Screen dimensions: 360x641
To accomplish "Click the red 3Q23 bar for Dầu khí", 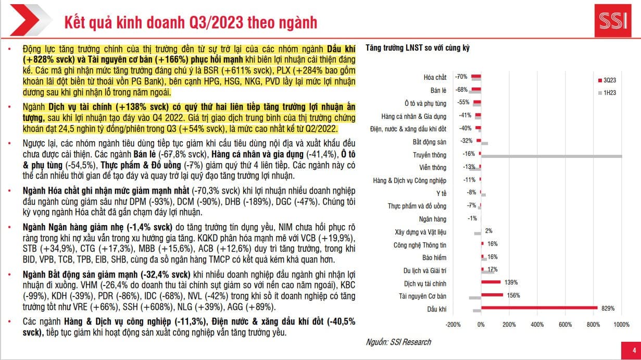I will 539,308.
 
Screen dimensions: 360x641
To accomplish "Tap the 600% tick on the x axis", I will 565,325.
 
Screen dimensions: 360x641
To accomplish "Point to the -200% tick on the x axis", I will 453,325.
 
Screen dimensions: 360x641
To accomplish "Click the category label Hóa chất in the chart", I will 435,77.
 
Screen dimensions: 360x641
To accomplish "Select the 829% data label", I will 608,308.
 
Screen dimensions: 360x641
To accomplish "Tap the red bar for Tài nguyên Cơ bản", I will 492,295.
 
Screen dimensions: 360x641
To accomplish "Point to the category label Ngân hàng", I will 433,219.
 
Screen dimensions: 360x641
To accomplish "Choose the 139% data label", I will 510,282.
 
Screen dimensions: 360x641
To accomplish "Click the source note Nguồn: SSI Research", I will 398,342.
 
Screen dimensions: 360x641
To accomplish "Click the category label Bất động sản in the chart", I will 430,142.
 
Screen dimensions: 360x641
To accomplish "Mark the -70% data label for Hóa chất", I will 461,77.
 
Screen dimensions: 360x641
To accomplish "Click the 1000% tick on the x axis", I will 621,325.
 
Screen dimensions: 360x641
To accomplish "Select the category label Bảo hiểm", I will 434,257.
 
